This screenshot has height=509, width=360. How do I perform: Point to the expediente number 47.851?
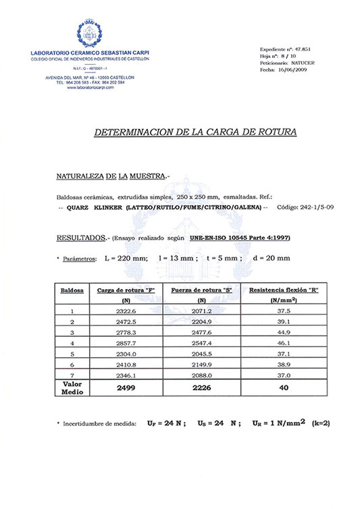tap(307, 50)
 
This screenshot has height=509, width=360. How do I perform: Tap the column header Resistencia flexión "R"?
tap(284, 290)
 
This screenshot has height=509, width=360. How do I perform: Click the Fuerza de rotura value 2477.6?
tap(201, 333)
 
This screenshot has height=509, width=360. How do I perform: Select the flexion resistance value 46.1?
tap(284, 344)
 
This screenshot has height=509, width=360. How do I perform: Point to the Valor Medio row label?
tap(72, 387)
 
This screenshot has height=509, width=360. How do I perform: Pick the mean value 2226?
tap(201, 388)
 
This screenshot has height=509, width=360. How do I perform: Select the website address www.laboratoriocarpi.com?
tap(91, 88)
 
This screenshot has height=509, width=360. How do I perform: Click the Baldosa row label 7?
tap(72, 376)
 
